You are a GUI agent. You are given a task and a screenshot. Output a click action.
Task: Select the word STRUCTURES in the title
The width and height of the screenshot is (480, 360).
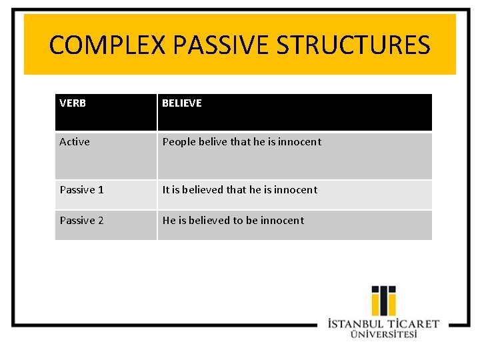[353, 45]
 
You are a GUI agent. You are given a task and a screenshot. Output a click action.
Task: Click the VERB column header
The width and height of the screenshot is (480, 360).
[73, 103]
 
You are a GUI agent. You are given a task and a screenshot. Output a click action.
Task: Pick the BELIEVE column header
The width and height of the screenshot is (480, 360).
[182, 103]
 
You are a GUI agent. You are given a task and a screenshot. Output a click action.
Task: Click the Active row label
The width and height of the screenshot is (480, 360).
[75, 141]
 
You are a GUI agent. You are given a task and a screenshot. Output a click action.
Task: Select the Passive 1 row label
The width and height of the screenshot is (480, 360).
[81, 190]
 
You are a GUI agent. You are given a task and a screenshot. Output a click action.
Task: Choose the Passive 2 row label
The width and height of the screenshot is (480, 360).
[81, 221]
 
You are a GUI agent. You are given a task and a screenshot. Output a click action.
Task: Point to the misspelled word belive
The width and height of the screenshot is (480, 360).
[213, 141]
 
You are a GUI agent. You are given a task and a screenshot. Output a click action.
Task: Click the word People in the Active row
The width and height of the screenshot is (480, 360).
[179, 142]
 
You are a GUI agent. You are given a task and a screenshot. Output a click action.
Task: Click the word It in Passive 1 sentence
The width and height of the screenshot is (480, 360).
[166, 190]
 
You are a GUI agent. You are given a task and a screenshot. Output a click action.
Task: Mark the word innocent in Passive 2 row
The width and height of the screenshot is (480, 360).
[282, 221]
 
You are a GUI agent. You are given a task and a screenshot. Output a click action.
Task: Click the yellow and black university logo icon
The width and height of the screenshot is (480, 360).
[383, 301]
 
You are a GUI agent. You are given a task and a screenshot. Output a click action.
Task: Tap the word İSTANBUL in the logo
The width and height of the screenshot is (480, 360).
[356, 324]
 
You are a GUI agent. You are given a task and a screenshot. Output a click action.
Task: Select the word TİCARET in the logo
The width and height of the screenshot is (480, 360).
[413, 324]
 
